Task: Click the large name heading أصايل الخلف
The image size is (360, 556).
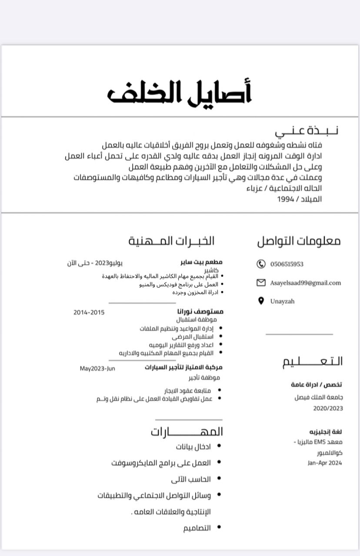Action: pyautogui.click(x=180, y=92)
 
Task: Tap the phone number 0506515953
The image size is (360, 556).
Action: pyautogui.click(x=287, y=264)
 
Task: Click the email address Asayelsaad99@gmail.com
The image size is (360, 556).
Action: pyautogui.click(x=305, y=283)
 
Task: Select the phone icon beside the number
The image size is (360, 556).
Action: pyautogui.click(x=261, y=264)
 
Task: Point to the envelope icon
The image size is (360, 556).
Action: pyautogui.click(x=261, y=283)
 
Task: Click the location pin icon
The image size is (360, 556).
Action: pyautogui.click(x=261, y=301)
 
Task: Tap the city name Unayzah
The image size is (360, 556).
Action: pyautogui.click(x=282, y=301)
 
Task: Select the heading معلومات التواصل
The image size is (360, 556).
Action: pyautogui.click(x=299, y=241)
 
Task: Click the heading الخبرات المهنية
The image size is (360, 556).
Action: pyautogui.click(x=171, y=241)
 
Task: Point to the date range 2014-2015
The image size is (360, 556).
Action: pyautogui.click(x=89, y=312)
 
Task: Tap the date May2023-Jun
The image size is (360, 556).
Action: pyautogui.click(x=97, y=368)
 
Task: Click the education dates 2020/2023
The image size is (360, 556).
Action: pyautogui.click(x=328, y=408)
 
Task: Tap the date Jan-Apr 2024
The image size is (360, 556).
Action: pyautogui.click(x=325, y=463)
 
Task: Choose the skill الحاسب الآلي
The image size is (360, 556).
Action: pyautogui.click(x=191, y=479)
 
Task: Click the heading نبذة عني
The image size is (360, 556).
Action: pyautogui.click(x=307, y=130)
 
